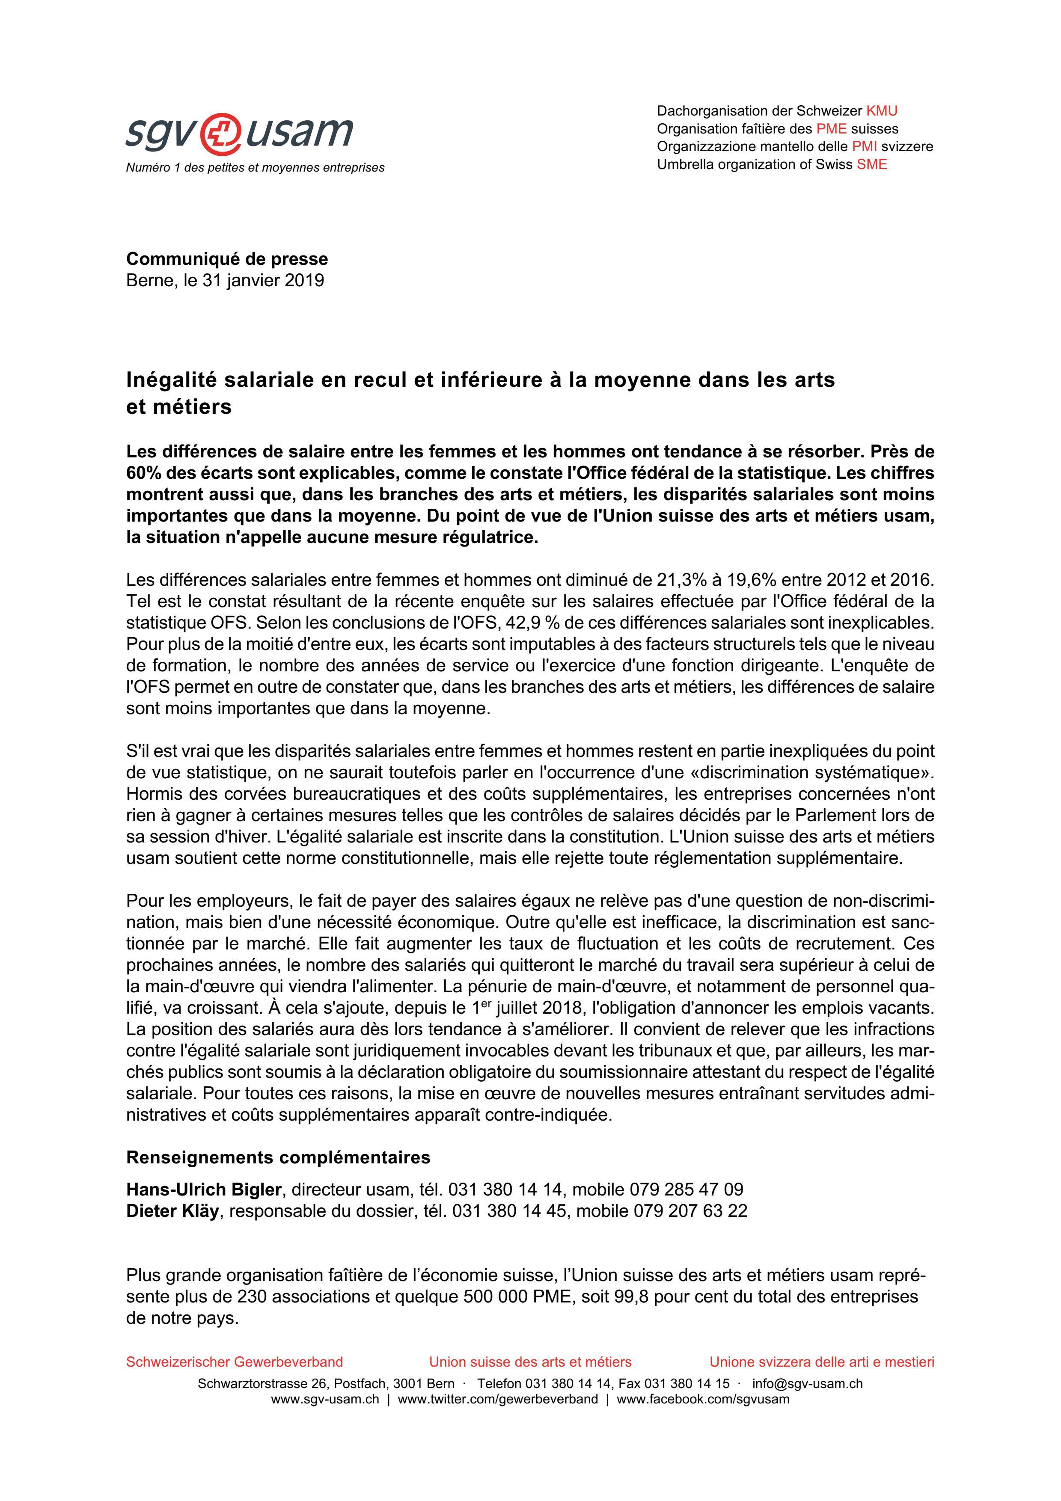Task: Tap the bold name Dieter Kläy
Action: click(172, 1211)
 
